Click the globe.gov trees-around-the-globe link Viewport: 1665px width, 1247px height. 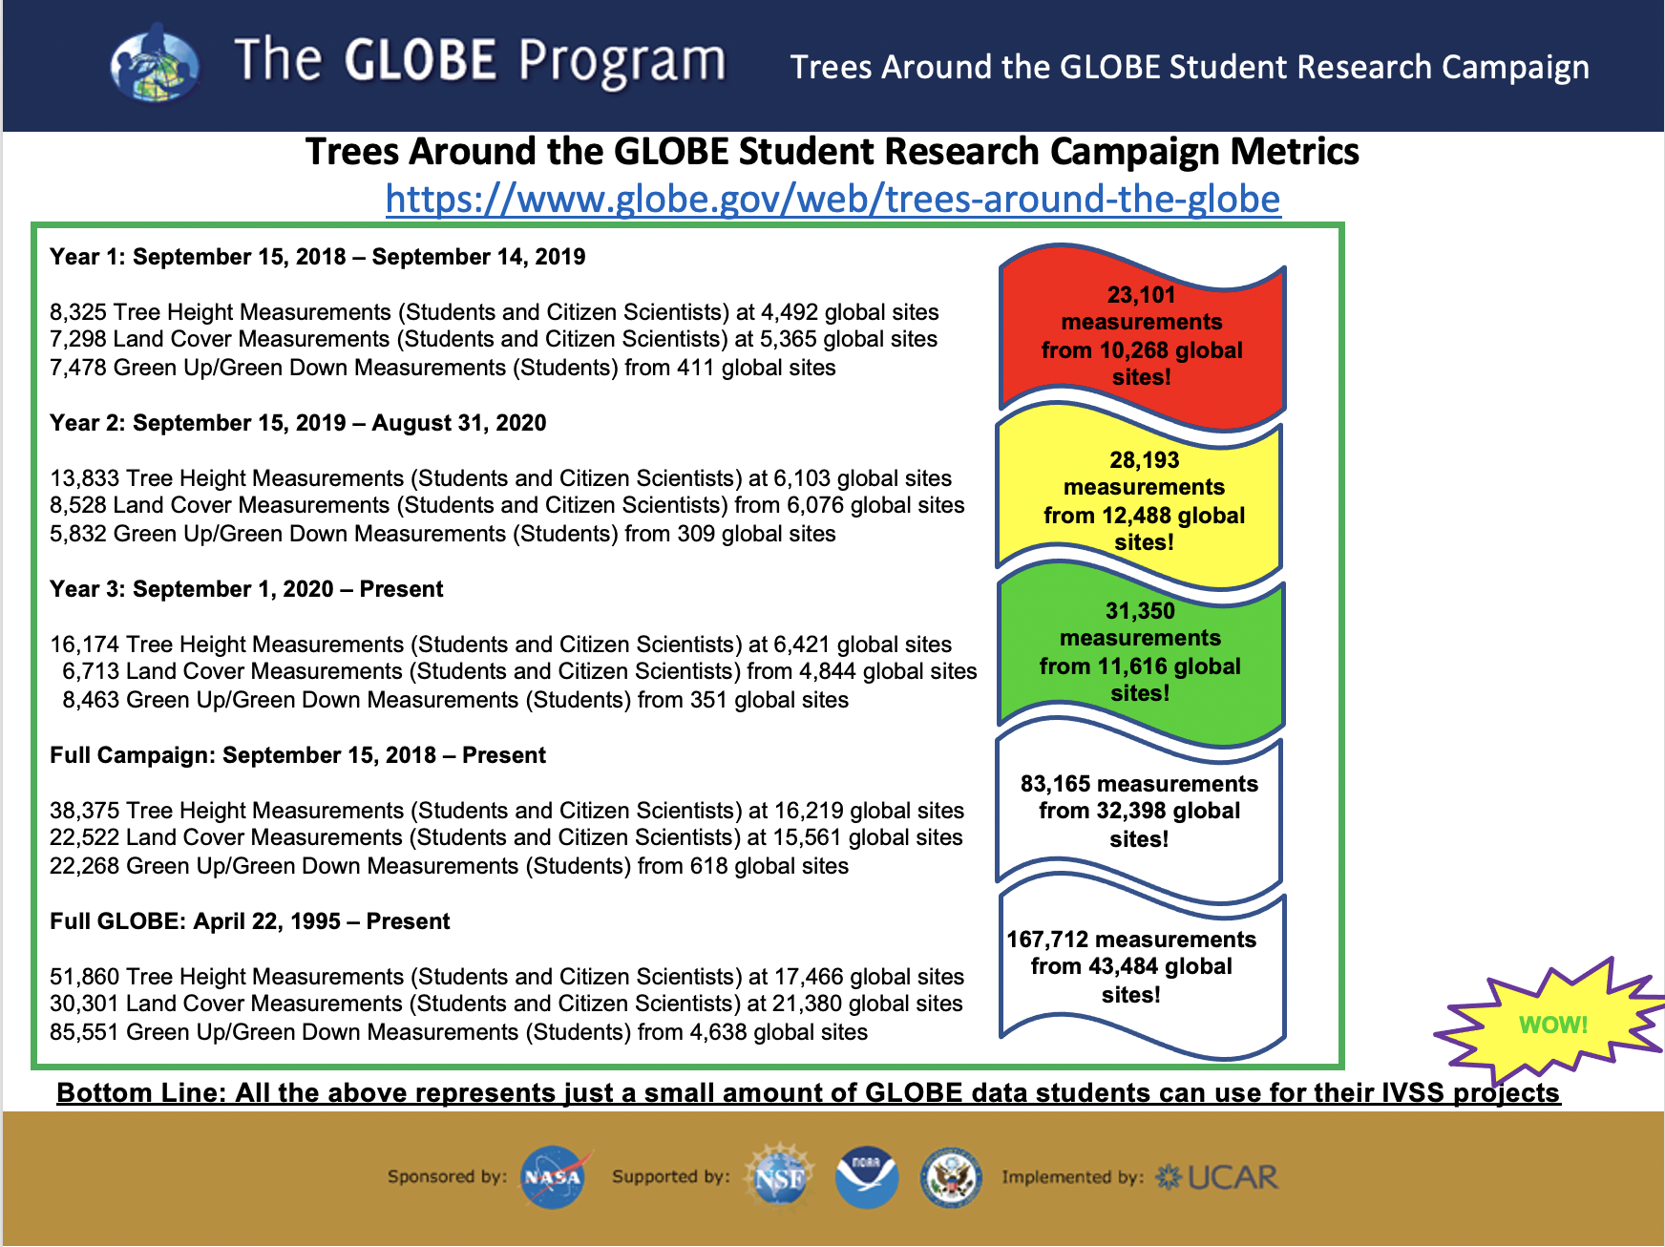[x=832, y=199]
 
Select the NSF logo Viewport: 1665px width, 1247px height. [x=779, y=1176]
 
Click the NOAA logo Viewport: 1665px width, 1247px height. [x=866, y=1177]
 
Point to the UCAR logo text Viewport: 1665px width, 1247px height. [x=1233, y=1177]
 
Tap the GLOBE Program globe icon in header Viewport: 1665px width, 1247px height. [x=154, y=64]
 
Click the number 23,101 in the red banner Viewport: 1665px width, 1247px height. [x=1141, y=295]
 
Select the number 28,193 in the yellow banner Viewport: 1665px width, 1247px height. [x=1144, y=460]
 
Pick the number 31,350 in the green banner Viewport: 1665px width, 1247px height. [x=1140, y=611]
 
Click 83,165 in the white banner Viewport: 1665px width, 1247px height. [x=1055, y=784]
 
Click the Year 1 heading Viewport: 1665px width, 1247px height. [x=317, y=257]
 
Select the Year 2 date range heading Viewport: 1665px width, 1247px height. [x=298, y=423]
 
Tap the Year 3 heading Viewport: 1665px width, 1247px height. [x=246, y=589]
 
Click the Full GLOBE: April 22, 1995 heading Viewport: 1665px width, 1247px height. [x=249, y=921]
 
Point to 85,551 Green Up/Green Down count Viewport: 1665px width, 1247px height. [x=84, y=1032]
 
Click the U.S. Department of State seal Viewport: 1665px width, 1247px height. [x=951, y=1177]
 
